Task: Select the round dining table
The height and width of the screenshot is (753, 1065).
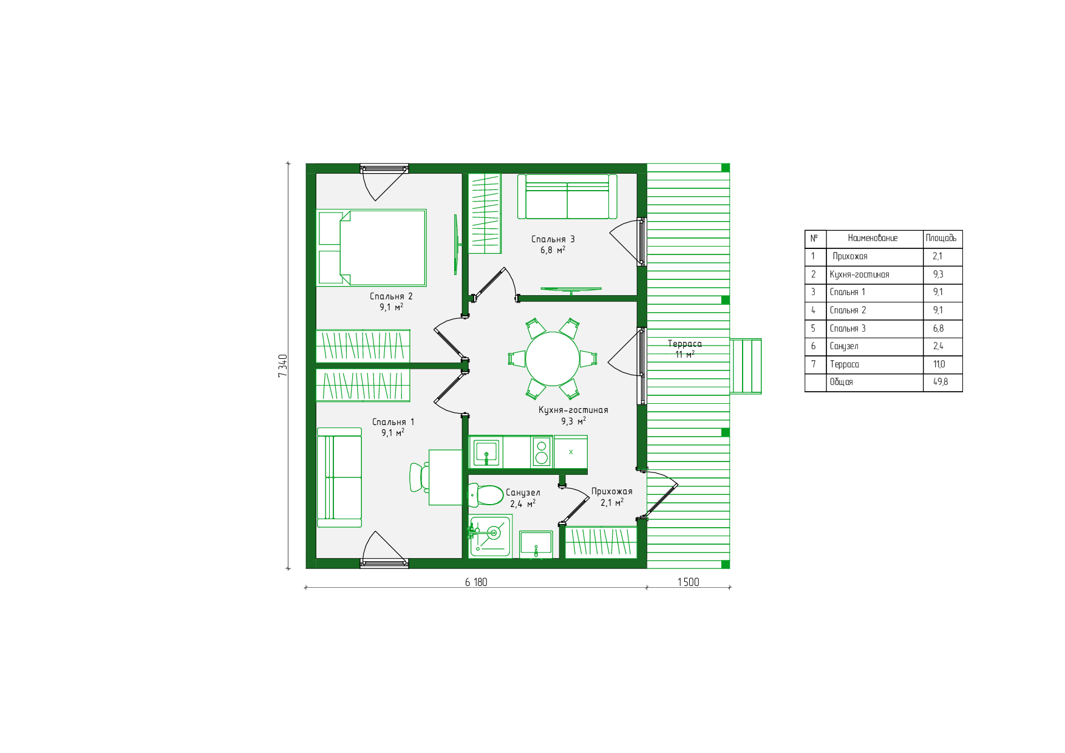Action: click(x=552, y=359)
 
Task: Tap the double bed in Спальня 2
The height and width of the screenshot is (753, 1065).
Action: click(x=371, y=247)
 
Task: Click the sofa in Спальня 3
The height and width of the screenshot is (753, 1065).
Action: click(x=567, y=196)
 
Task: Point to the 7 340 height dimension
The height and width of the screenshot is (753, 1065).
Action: click(x=282, y=366)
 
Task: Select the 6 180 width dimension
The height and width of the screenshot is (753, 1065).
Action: click(x=476, y=582)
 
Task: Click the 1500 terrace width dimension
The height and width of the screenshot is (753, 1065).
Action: click(x=688, y=582)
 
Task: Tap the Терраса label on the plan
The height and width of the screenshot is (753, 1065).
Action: click(x=684, y=344)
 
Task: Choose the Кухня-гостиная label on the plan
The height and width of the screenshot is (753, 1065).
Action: click(x=573, y=410)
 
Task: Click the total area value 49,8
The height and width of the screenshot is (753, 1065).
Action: click(x=941, y=382)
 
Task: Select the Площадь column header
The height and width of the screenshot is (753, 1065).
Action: click(x=941, y=238)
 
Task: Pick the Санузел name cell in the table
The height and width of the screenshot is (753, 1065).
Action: click(x=844, y=346)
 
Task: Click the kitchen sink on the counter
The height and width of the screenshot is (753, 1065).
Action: click(x=486, y=452)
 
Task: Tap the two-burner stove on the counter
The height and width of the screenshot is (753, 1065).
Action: click(x=541, y=452)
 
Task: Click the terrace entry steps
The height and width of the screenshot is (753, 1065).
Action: click(x=746, y=366)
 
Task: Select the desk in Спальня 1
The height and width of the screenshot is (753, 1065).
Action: click(x=445, y=477)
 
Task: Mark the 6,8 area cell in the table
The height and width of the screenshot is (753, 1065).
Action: click(x=938, y=329)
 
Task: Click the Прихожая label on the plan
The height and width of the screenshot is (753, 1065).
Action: click(x=612, y=491)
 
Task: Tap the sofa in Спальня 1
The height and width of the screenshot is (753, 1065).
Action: click(x=339, y=477)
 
